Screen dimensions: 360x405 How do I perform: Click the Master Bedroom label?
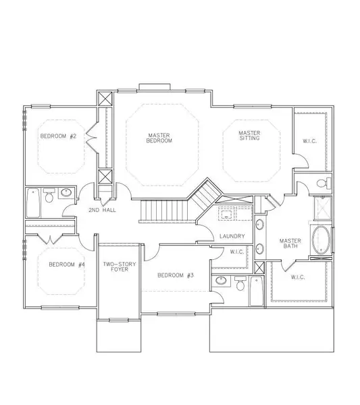coord(159,138)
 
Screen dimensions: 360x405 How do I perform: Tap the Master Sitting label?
coord(249,136)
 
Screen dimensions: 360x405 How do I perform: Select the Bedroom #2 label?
coord(58,136)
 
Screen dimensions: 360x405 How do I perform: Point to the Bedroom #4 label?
coord(67,265)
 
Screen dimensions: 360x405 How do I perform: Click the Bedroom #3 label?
coord(176,275)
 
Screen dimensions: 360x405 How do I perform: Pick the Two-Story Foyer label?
coord(120,267)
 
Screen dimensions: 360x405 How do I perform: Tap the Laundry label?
coord(232,236)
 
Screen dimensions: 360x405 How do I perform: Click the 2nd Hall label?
coord(103,210)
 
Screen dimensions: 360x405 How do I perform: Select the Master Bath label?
coord(290,243)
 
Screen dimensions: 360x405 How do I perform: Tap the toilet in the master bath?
coord(324,183)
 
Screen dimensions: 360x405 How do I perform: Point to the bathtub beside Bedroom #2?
coord(33,203)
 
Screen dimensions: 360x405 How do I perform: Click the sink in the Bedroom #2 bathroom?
coord(66,192)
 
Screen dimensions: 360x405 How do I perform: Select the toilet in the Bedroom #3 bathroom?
coord(240,283)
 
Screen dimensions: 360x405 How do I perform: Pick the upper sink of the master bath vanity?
coord(260,224)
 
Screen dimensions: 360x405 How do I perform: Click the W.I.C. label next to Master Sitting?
coord(309,141)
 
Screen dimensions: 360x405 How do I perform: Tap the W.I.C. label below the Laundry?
coord(237,252)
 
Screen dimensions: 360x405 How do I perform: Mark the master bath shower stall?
coord(323,208)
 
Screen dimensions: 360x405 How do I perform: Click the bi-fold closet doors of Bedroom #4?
coord(50,239)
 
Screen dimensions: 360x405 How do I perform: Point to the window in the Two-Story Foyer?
coord(119,320)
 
